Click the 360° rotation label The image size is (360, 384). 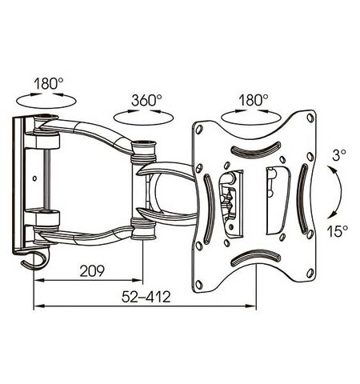tap(146, 100)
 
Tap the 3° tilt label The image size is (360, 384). tap(339, 155)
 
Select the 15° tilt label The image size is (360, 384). tap(338, 231)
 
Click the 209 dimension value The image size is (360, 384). tap(92, 271)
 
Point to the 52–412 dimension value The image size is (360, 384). tap(146, 297)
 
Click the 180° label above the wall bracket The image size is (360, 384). tap(48, 83)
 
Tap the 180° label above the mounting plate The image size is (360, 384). tap(254, 100)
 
